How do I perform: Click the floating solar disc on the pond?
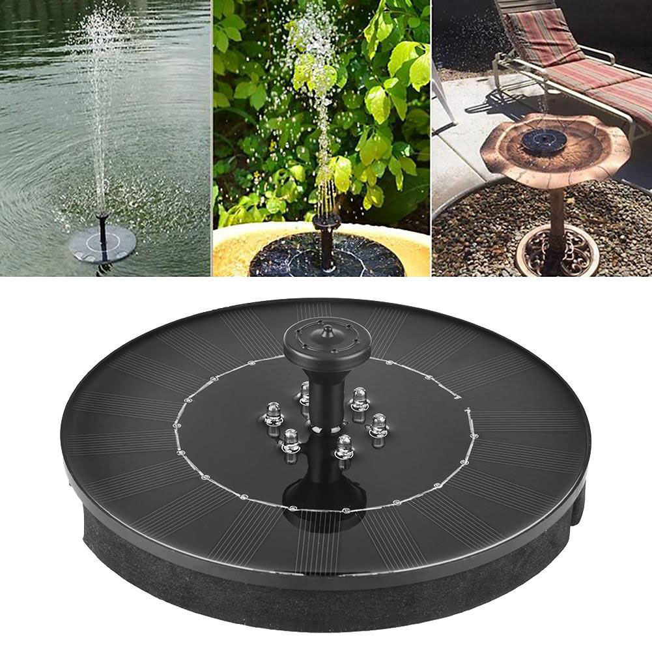tap(102, 244)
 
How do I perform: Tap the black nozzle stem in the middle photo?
tap(326, 241)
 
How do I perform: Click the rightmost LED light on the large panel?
tap(377, 427)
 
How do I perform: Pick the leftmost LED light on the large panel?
tap(272, 414)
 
